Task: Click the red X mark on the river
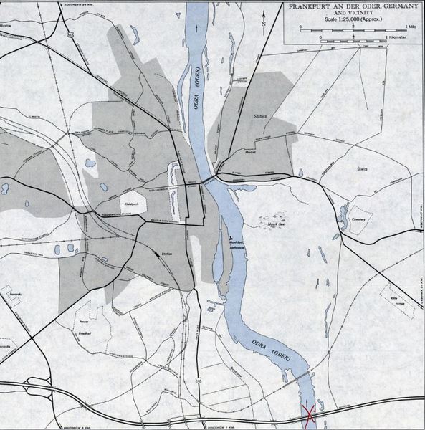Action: click(311, 415)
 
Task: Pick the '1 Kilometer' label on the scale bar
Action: click(400, 36)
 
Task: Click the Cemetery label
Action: click(359, 220)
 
